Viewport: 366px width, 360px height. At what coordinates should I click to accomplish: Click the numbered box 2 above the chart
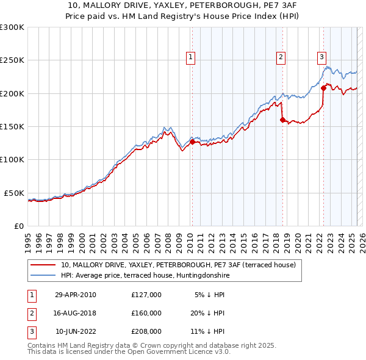(281, 58)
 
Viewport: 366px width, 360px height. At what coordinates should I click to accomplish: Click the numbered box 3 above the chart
(321, 58)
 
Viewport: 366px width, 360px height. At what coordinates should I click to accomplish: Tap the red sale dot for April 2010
(192, 142)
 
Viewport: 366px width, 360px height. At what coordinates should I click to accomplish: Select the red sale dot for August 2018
(282, 120)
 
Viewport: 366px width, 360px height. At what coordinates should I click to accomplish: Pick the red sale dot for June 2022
(323, 88)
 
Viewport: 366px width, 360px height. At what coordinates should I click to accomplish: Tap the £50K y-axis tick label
(14, 193)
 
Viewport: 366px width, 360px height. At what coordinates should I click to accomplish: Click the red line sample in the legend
(44, 265)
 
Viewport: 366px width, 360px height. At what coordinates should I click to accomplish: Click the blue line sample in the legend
(44, 275)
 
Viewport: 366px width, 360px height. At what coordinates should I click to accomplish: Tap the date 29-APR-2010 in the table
(75, 295)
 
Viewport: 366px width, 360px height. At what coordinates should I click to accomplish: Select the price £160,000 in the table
(146, 314)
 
